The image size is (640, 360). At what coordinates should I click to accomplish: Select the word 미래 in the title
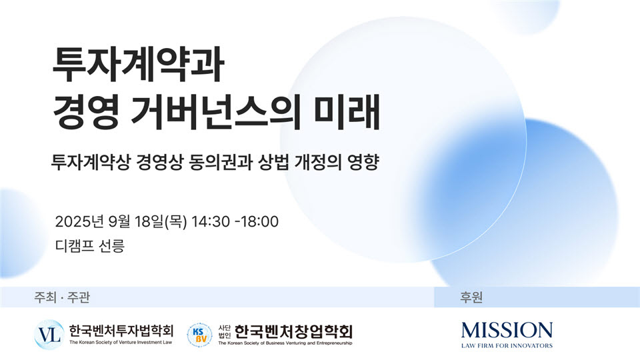coord(347,112)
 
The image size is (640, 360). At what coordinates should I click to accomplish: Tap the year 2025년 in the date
coord(79,221)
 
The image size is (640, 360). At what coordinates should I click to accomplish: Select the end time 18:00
coord(259,221)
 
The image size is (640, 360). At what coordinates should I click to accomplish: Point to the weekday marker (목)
coord(175,221)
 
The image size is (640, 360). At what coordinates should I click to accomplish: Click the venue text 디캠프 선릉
coord(90,246)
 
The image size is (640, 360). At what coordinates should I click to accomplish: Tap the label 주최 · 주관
coord(62,297)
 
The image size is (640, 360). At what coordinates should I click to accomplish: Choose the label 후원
coord(471,297)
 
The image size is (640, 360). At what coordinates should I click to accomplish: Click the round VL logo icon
coord(49,335)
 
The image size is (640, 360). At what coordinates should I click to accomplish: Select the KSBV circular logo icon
coord(199,335)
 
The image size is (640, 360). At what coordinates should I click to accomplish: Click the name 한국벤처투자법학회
coord(121,330)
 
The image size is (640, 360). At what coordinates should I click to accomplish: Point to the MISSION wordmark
coord(507,330)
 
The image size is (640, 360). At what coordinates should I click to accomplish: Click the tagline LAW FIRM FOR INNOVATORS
coord(507,346)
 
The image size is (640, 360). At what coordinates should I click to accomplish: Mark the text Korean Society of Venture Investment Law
coord(125,343)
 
